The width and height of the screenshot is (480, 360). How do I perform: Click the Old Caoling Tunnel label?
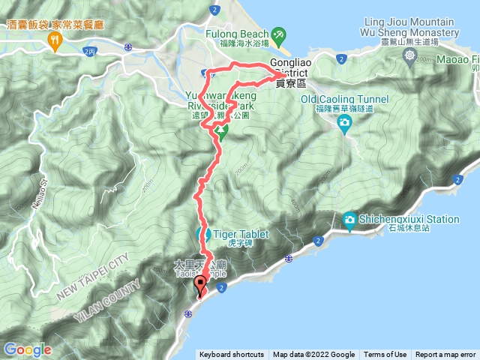click(x=344, y=99)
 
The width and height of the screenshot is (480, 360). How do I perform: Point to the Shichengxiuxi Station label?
click(x=411, y=219)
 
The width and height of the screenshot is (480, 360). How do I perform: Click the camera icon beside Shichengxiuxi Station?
click(x=349, y=219)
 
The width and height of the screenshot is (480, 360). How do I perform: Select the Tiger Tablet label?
click(x=241, y=234)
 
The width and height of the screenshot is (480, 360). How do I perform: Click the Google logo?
click(x=27, y=349)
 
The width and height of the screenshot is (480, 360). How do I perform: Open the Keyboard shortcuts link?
click(x=232, y=355)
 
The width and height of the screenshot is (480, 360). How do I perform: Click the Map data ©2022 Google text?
click(x=313, y=355)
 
